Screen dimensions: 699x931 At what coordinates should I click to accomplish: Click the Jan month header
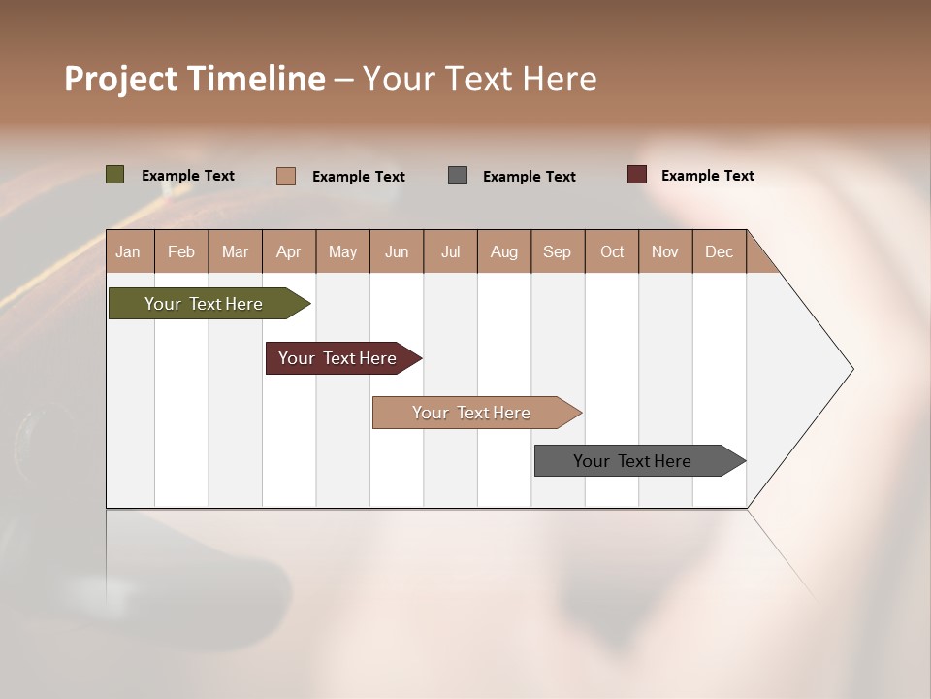coord(128,252)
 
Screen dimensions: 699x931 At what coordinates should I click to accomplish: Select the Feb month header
coord(181,252)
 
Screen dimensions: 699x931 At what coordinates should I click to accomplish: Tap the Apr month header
coord(288,252)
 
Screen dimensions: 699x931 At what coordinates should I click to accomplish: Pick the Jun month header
coord(397,252)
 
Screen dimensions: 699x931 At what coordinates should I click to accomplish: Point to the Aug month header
coord(504,252)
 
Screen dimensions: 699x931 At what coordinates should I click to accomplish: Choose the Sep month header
coord(558,252)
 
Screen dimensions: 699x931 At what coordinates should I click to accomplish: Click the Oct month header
coord(612,252)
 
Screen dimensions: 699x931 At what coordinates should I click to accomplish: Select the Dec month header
coord(720,252)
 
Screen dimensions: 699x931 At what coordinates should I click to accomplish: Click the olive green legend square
coord(115,175)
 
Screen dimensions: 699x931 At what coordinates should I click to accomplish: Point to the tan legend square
coord(286,176)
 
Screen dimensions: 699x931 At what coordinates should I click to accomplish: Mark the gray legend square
coord(458,175)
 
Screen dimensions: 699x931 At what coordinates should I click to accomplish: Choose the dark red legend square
coord(637,175)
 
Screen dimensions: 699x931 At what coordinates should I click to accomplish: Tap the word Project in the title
coord(120,79)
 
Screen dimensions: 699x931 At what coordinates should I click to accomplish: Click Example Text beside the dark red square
coord(708,176)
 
